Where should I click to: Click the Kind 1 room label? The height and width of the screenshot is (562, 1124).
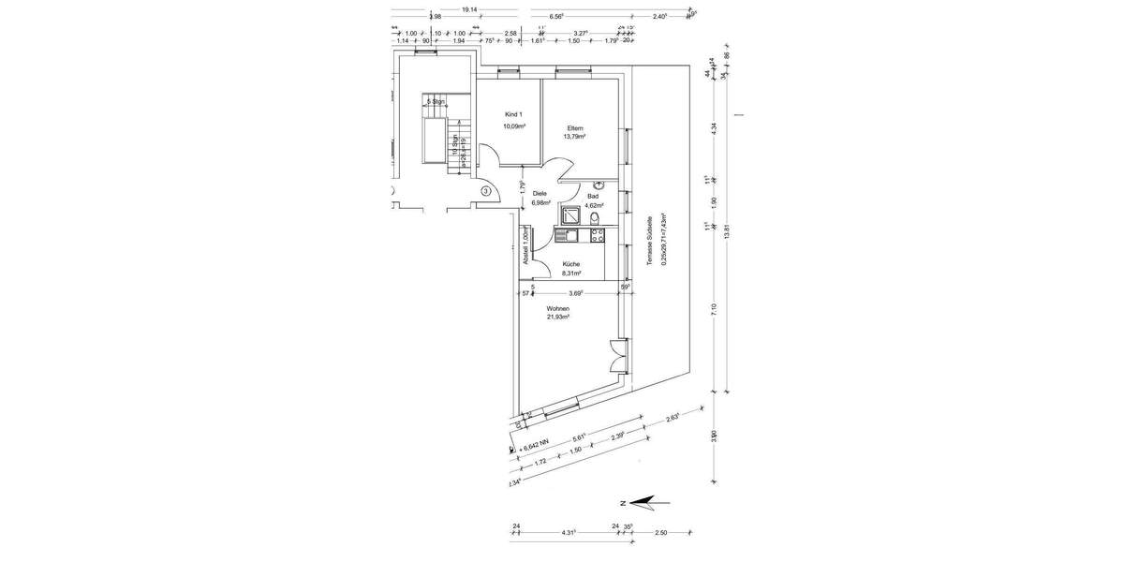tap(513, 114)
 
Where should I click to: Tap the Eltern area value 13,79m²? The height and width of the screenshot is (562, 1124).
tap(574, 137)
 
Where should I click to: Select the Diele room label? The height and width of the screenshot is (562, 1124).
tap(540, 193)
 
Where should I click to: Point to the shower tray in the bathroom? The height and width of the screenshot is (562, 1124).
tap(570, 215)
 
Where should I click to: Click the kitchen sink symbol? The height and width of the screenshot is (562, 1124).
tap(570, 236)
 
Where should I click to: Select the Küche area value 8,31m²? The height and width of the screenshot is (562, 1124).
tap(571, 274)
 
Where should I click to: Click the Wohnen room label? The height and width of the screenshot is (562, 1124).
tap(557, 307)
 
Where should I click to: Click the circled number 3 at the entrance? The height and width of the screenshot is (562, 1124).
tap(486, 191)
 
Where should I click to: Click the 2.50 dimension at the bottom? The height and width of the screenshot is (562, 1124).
tap(660, 532)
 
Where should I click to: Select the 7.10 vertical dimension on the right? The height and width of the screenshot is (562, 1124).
tap(714, 309)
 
